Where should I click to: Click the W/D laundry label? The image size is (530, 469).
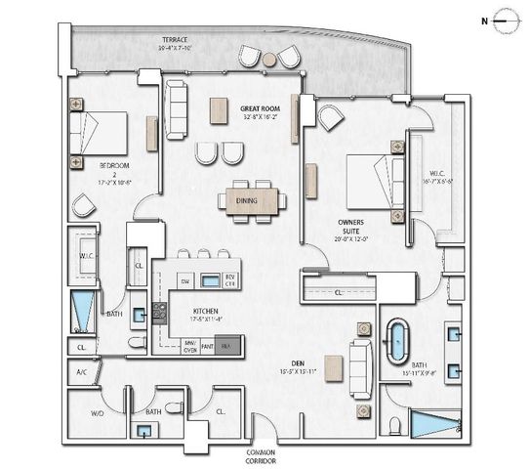[x=98, y=414]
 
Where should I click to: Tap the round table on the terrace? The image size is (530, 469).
[x=269, y=60]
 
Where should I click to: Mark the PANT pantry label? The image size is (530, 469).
[x=207, y=344]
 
